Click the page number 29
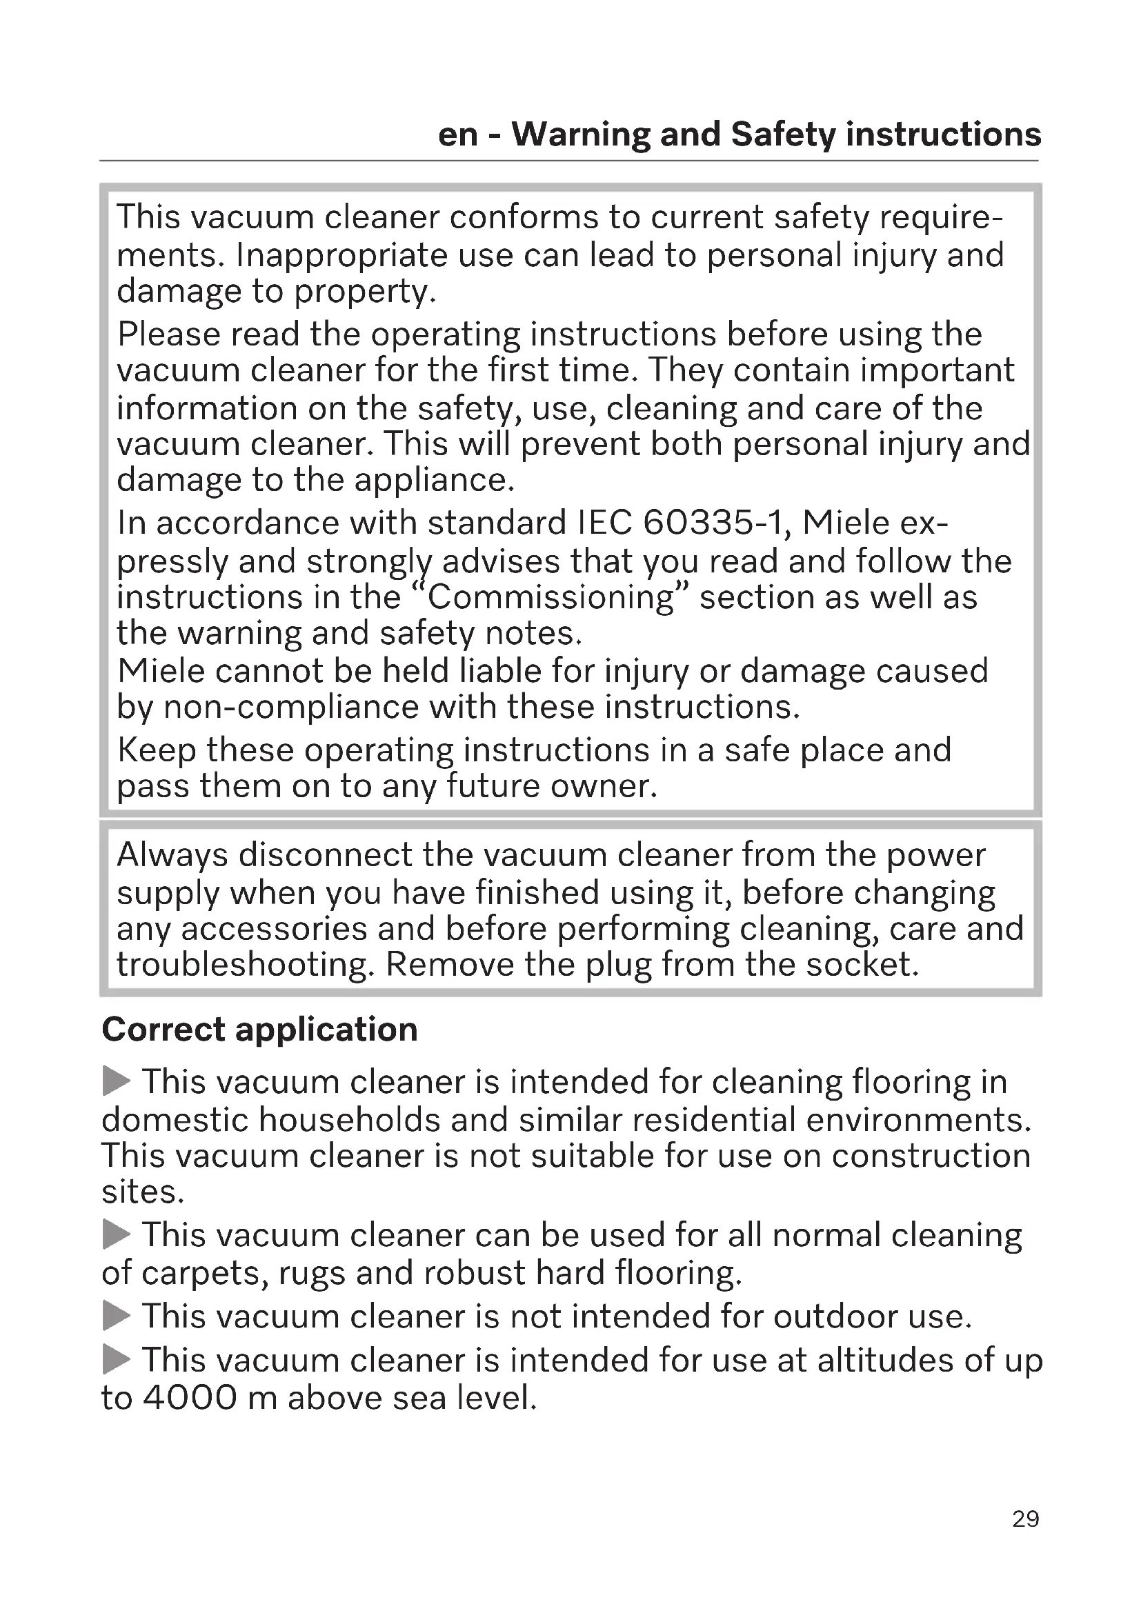1025,1519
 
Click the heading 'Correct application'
260,1030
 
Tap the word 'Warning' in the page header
581,134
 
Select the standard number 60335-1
717,523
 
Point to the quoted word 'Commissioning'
550,598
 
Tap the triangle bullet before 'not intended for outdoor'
117,1316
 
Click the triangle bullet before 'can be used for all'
117,1234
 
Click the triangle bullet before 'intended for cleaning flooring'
117,1081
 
